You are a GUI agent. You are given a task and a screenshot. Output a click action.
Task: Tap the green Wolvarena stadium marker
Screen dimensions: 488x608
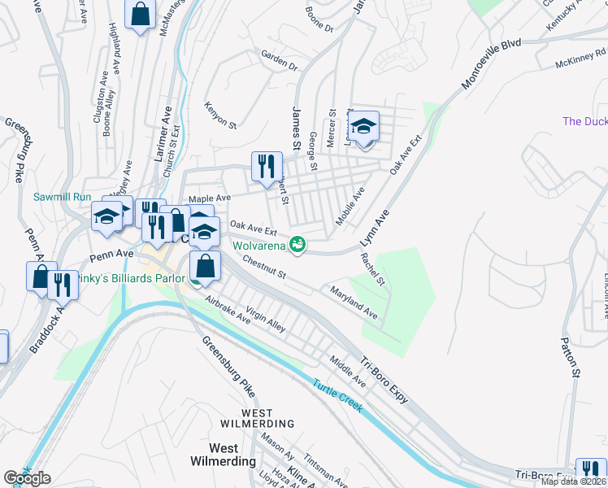pos(299,243)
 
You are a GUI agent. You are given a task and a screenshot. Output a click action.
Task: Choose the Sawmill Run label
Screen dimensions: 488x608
pos(62,197)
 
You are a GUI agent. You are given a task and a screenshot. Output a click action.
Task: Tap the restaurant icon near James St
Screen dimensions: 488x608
pos(267,167)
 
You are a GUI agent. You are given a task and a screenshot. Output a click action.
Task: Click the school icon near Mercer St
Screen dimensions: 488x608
pos(364,126)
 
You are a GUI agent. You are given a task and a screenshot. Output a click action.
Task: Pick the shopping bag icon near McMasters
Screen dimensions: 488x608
pos(140,14)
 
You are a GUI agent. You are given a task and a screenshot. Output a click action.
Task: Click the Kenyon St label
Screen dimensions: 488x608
pos(220,115)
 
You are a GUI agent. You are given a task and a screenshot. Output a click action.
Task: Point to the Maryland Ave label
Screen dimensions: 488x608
pos(354,301)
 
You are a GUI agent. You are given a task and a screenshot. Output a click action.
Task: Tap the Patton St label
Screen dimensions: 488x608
pos(571,358)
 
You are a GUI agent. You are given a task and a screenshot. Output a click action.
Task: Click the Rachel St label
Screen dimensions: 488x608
pos(373,268)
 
